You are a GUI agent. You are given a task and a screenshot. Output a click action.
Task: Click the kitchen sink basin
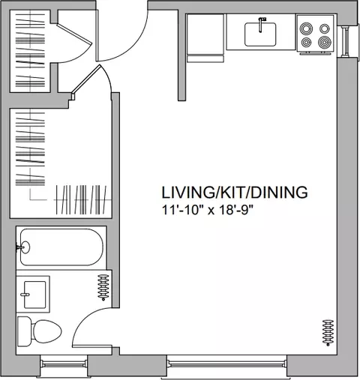(x=260, y=34)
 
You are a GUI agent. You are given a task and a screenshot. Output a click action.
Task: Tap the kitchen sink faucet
(x=261, y=25)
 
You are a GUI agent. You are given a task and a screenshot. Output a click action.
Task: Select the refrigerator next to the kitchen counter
(x=205, y=38)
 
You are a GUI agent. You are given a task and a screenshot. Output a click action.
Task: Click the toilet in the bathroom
(x=39, y=331)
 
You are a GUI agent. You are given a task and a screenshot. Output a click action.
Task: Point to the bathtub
(x=61, y=247)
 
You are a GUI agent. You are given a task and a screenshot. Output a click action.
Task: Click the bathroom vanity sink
(x=34, y=295)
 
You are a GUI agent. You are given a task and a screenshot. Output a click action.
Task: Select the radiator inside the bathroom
(x=103, y=287)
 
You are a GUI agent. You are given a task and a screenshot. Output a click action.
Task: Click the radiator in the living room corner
(x=328, y=333)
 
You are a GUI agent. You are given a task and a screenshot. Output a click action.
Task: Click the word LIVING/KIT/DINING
(x=235, y=193)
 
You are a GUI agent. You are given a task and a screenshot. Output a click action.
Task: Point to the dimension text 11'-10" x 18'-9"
(x=208, y=210)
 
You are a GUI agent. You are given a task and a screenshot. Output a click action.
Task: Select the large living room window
(x=226, y=364)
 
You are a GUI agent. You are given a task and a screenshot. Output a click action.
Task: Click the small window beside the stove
(x=346, y=42)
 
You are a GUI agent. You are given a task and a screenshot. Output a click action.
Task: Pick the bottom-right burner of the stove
(x=325, y=42)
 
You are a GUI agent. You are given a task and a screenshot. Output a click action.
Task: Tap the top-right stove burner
(x=325, y=28)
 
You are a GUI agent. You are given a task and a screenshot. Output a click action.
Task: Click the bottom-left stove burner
(x=306, y=42)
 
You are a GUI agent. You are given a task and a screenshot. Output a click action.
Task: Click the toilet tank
(x=25, y=331)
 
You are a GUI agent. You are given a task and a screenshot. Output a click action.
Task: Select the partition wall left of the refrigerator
(x=181, y=55)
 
